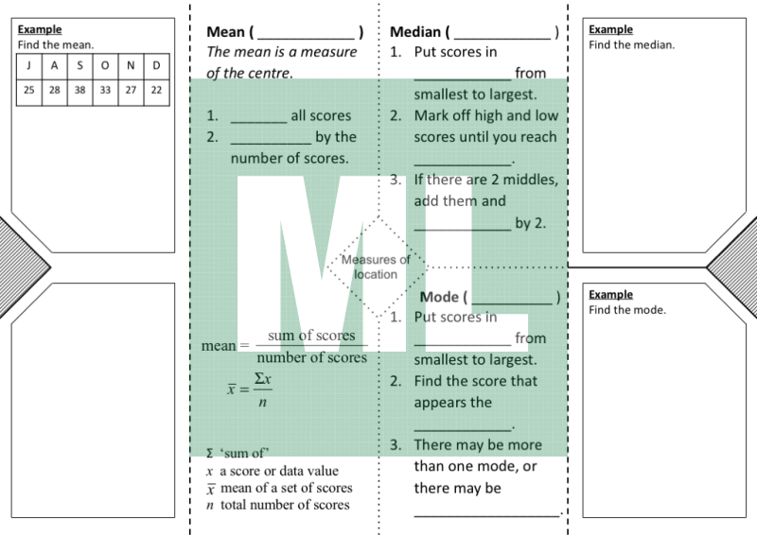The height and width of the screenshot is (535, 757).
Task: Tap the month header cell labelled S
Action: click(79, 66)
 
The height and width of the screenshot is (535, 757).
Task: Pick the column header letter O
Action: click(105, 66)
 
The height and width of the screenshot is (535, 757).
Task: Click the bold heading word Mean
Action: click(225, 32)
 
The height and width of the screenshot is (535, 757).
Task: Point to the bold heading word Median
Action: click(415, 32)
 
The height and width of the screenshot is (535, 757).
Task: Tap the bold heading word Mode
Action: click(439, 297)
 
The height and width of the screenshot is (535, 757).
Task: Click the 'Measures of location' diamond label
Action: click(376, 267)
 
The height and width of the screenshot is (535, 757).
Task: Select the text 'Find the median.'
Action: click(631, 44)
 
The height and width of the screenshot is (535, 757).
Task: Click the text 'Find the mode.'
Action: click(627, 310)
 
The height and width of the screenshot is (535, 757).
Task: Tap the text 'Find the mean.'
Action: click(56, 44)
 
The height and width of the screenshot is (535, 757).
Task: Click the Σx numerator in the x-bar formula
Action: click(263, 378)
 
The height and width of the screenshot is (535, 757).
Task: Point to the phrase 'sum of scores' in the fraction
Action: click(311, 336)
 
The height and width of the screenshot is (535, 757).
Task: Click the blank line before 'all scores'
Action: click(258, 123)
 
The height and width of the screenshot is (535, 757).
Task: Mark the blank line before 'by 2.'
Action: click(463, 230)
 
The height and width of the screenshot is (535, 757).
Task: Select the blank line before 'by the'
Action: click(271, 144)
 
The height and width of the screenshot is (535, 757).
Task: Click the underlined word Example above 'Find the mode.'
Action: click(610, 294)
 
